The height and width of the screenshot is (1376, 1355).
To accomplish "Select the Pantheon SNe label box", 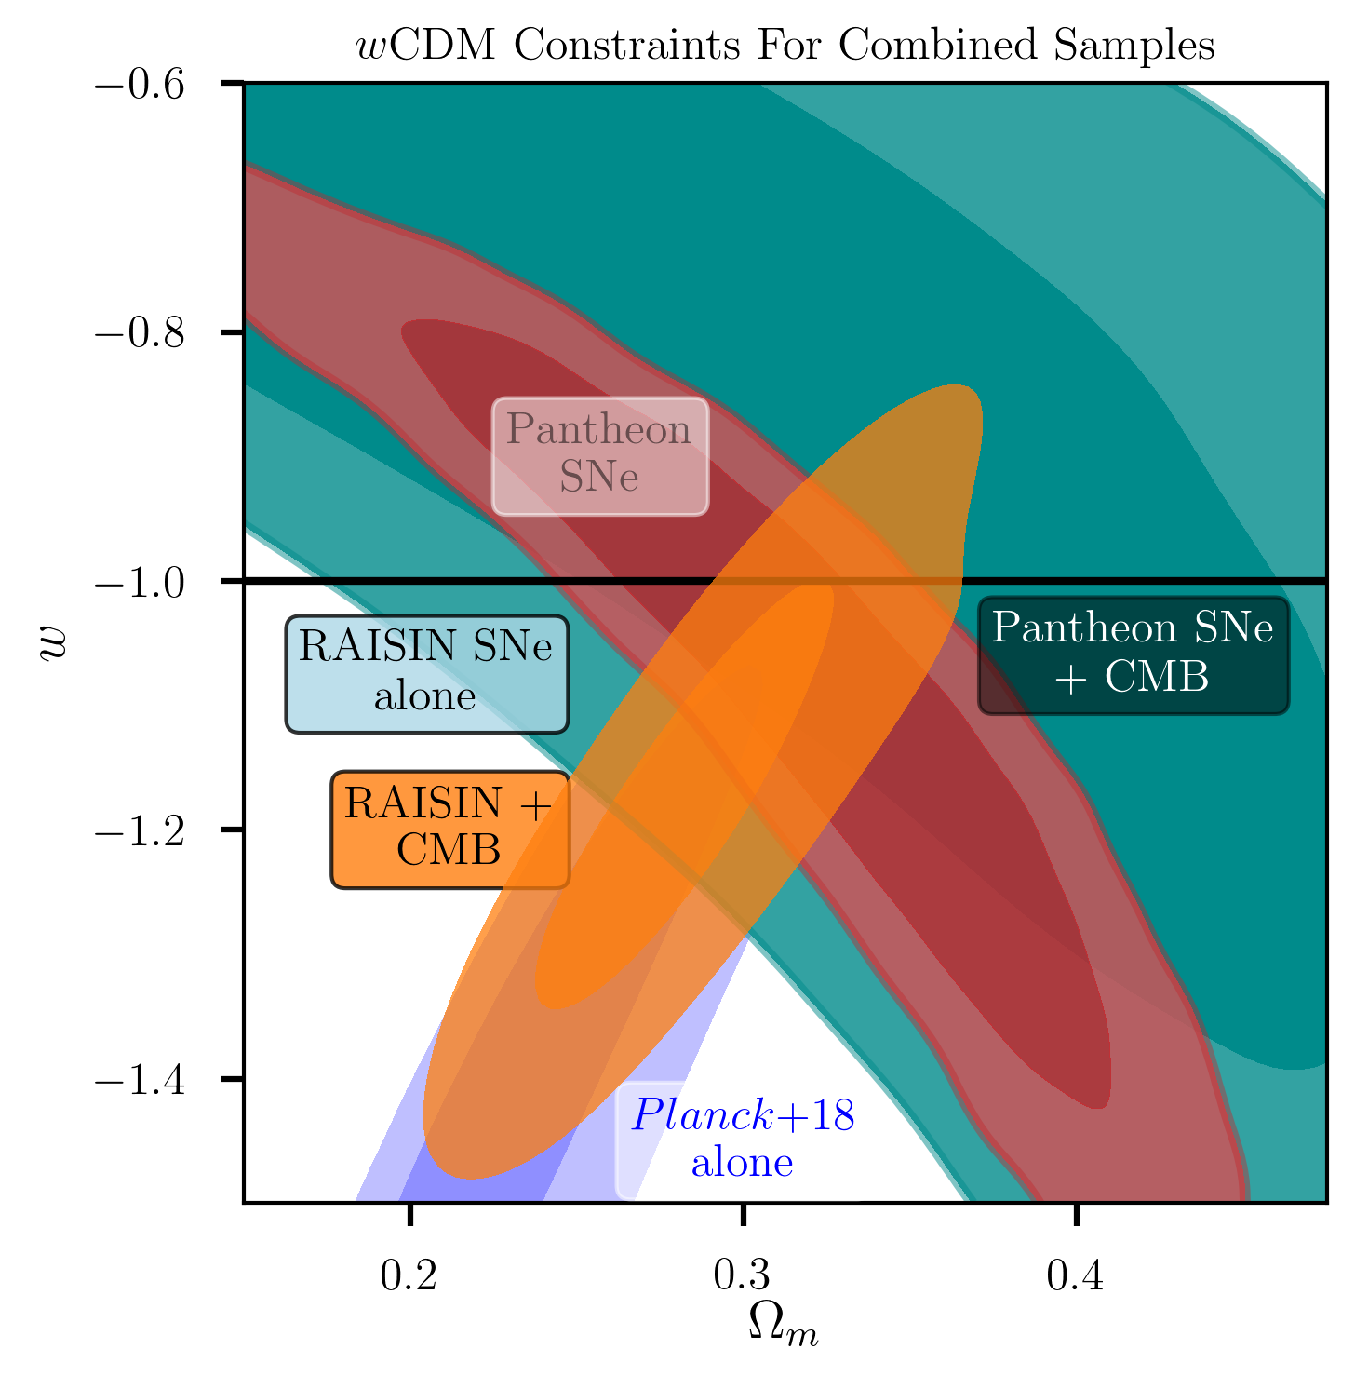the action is click(600, 456).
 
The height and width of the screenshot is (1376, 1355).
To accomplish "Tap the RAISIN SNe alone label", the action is click(426, 674).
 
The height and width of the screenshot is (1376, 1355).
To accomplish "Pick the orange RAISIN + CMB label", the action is click(450, 829).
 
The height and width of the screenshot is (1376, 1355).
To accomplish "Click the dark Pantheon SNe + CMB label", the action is click(1134, 655).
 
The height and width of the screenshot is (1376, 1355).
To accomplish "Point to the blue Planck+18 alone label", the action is click(743, 1140).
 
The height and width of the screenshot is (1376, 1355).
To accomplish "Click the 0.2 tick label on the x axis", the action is click(409, 1276).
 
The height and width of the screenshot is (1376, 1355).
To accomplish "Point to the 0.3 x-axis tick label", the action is click(743, 1276).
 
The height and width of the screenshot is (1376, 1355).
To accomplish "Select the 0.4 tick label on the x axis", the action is click(1076, 1276).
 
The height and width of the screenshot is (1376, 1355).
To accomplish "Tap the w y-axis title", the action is click(55, 643).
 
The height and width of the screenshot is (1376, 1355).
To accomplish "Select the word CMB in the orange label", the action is click(449, 850).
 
